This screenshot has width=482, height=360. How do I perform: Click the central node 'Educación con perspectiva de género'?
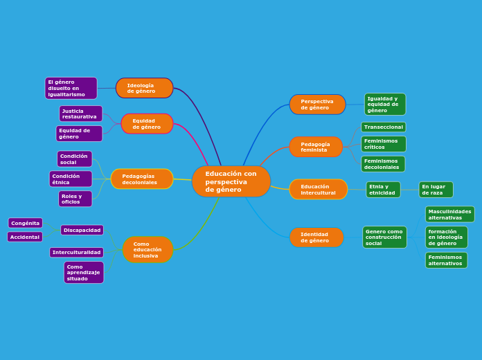coord(231,181)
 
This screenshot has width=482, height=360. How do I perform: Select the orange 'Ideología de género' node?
coord(144,88)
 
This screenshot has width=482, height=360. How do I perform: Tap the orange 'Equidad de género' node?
coord(147,124)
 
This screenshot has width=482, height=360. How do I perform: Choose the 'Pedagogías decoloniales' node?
coord(142,179)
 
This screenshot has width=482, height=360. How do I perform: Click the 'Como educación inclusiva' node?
coord(148,250)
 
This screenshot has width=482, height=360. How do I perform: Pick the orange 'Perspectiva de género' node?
coord(317,105)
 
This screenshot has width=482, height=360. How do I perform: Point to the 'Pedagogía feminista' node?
coord(316,147)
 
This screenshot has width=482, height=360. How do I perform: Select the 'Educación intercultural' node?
coord(318,190)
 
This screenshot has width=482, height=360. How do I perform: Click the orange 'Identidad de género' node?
coord(316,237)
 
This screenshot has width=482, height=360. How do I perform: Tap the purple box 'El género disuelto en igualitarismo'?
coord(71,88)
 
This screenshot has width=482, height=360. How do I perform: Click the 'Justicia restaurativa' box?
coord(80,114)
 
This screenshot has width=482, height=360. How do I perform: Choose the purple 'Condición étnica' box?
coord(70,179)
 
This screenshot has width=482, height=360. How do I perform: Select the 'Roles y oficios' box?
coord(75,199)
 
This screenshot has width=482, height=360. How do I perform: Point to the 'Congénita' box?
coord(26,223)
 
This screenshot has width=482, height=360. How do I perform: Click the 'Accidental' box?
coord(25,237)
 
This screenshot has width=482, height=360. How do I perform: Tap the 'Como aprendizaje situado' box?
coord(84,272)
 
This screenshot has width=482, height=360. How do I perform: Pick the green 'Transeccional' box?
coord(383,127)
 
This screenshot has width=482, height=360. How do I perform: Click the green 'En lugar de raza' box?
coord(436,190)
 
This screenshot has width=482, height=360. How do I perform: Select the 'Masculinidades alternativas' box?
coord(449,215)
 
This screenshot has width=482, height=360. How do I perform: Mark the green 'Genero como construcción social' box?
coord(384,237)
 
